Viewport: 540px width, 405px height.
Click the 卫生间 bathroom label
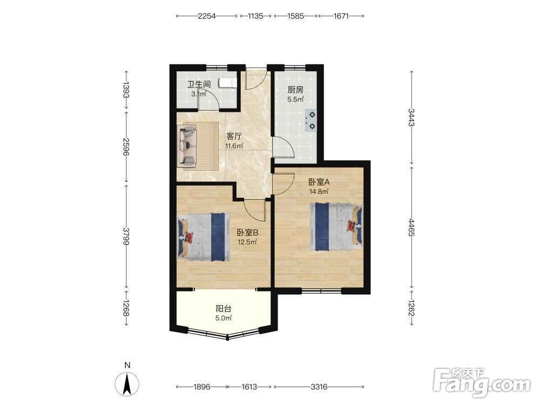199,84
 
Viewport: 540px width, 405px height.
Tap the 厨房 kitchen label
295,90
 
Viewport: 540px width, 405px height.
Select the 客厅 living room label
234,137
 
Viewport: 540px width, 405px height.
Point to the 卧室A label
319,182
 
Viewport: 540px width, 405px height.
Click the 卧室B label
248,233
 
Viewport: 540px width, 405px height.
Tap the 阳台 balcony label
224,308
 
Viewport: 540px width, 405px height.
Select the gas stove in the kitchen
310,120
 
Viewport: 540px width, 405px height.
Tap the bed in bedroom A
336,226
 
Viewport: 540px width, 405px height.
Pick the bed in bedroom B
204,237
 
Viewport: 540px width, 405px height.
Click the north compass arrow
127,383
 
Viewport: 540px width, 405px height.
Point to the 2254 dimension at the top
207,16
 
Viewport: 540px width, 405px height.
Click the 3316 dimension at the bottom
319,387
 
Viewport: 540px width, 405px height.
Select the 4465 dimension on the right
411,227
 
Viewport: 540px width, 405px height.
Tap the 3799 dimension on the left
126,237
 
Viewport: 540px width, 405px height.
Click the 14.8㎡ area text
319,192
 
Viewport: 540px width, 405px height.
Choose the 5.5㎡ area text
295,99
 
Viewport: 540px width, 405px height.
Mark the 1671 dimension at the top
341,16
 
